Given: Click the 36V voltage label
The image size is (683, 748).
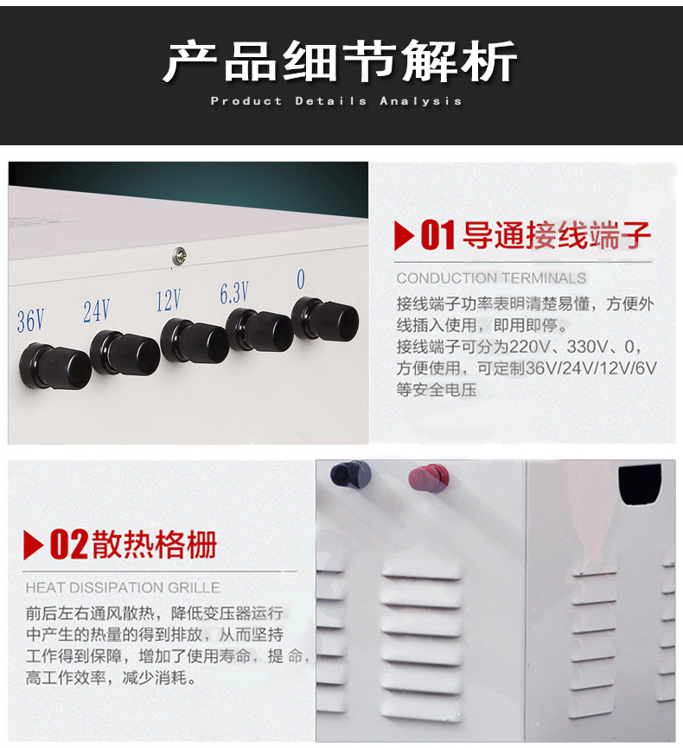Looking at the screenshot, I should tap(30, 321).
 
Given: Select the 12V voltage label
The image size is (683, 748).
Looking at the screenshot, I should tap(169, 300).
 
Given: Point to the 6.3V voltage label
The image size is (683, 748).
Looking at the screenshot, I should tap(234, 293).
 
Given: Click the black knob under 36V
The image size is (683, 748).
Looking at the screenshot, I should tap(56, 366).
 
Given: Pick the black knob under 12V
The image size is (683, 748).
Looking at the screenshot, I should tap(195, 342).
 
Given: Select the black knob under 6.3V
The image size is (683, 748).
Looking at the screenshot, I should tap(260, 331).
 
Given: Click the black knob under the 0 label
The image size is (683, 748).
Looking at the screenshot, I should tap(326, 320).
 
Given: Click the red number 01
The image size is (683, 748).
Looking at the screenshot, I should tap(438, 236).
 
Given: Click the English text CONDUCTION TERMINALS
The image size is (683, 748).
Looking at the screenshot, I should tap(491, 278).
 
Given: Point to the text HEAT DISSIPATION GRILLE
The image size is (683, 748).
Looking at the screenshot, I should tap(123, 588).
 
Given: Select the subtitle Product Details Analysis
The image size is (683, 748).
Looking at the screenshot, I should tap(336, 101).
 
